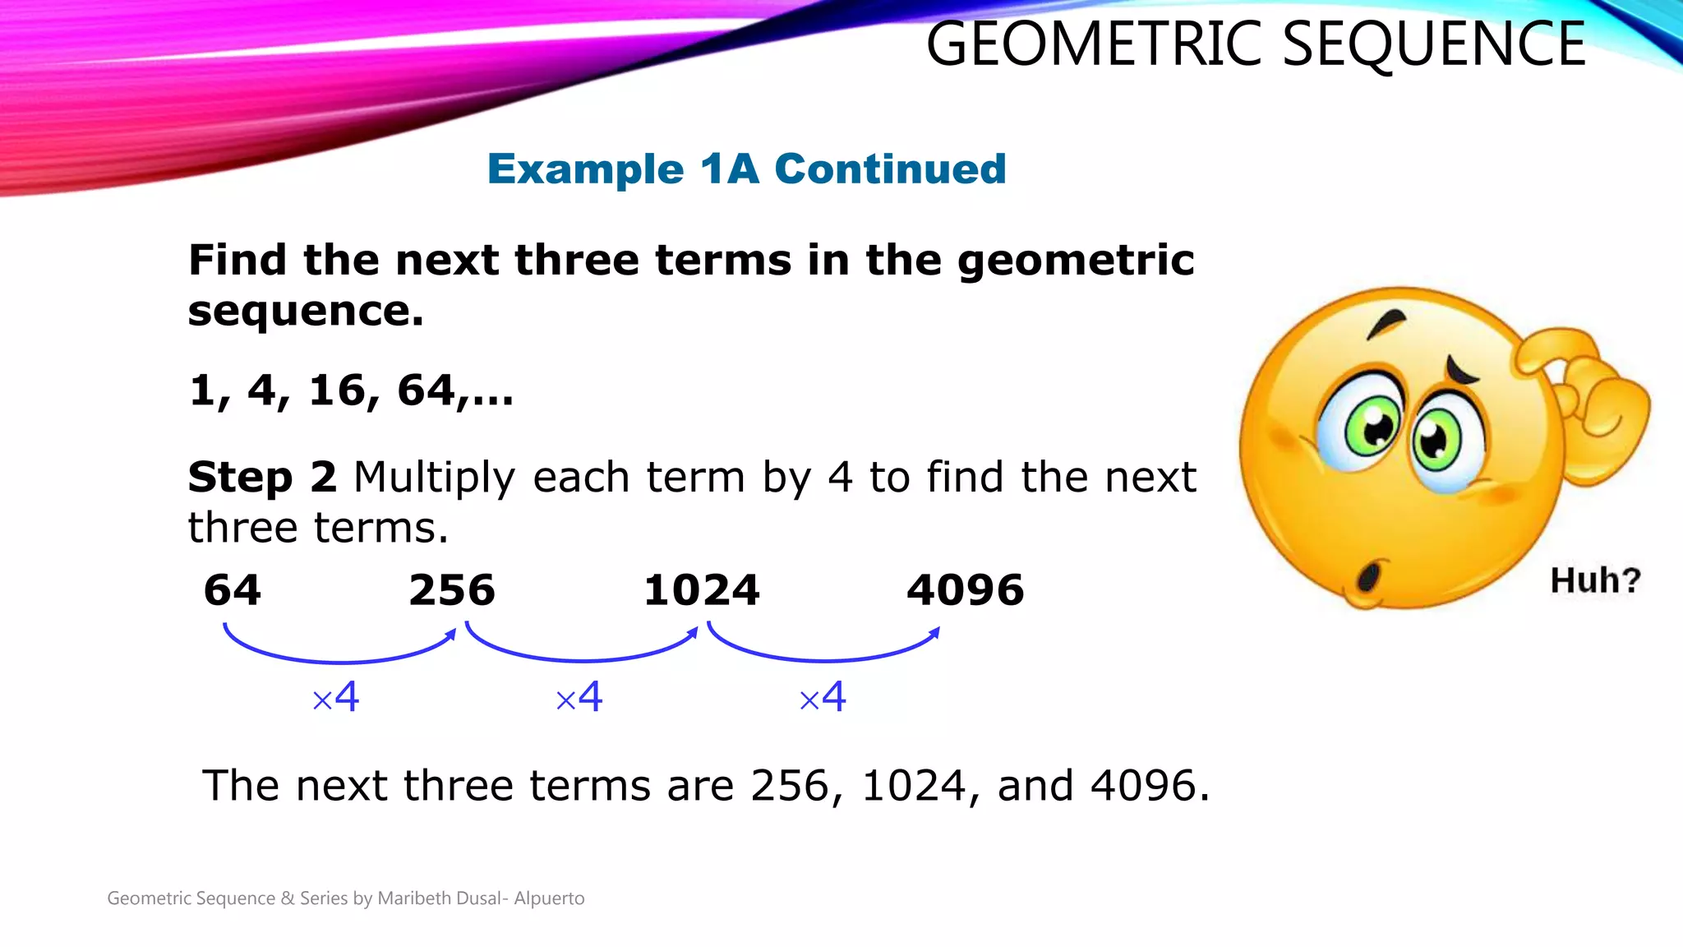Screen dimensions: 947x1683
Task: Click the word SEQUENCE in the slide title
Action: coord(1433,44)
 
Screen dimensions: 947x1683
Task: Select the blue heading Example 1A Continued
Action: coord(746,169)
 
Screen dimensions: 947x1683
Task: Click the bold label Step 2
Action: coord(262,477)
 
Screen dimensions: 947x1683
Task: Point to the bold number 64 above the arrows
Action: coord(233,590)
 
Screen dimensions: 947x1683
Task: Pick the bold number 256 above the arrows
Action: coord(452,590)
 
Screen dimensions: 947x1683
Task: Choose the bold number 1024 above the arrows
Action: coord(702,590)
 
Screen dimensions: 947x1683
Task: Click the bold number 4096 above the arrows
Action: coord(966,590)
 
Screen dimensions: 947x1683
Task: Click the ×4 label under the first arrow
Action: coord(336,698)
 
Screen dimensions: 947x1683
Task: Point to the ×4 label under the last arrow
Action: coord(823,698)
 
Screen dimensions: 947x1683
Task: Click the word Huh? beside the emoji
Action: coord(1595,580)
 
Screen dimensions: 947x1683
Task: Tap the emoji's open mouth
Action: coord(1368,576)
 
